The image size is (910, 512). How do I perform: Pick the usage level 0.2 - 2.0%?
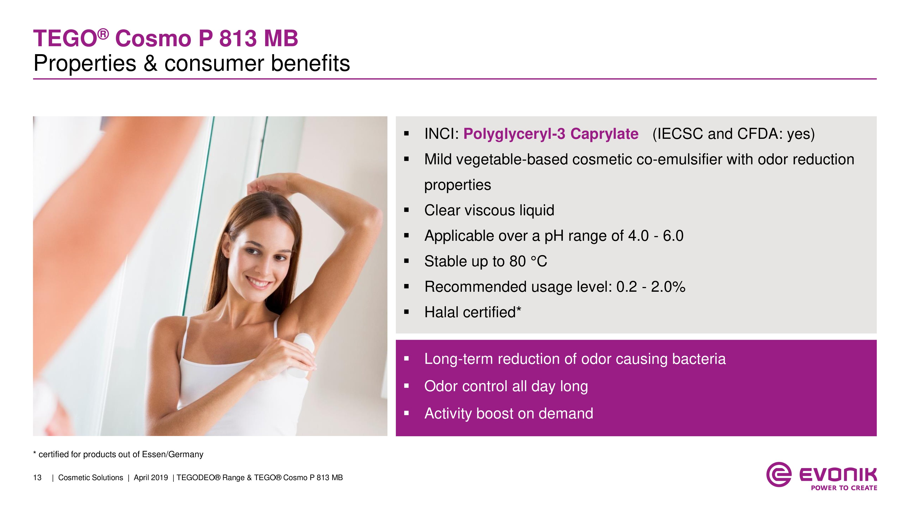[651, 286]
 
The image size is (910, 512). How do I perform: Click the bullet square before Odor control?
[406, 386]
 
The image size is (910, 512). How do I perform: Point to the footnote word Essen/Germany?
[172, 454]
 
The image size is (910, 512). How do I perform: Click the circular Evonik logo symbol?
[778, 474]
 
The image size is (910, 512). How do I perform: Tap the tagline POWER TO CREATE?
[844, 488]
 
